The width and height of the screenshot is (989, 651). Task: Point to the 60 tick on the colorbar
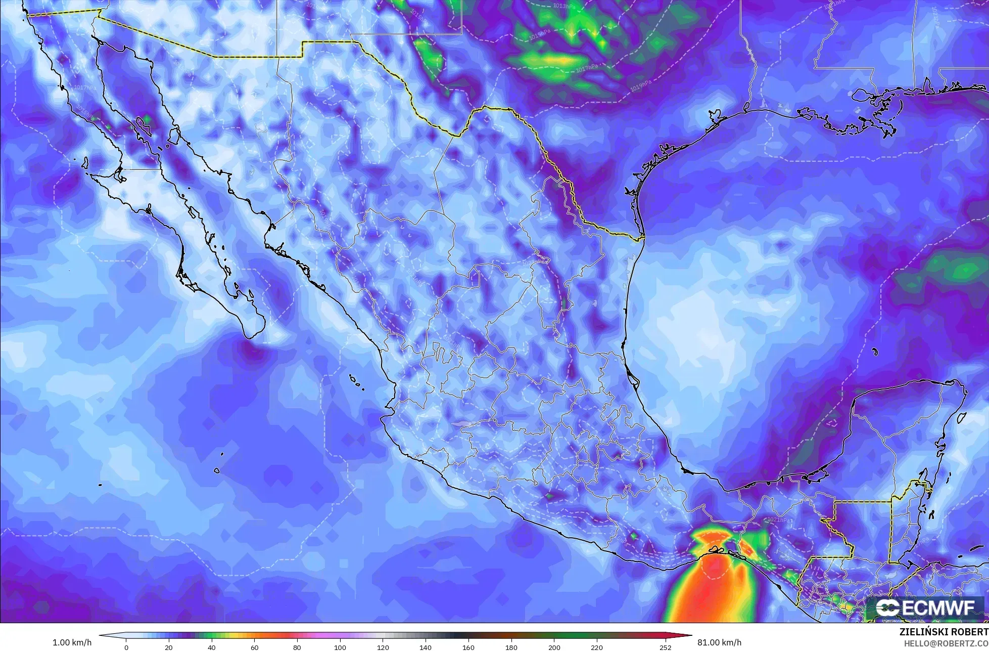255,647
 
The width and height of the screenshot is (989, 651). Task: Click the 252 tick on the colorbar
665,647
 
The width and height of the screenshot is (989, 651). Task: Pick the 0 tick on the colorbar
126,647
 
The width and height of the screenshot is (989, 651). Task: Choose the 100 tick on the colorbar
340,647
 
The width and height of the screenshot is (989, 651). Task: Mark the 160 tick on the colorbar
468,647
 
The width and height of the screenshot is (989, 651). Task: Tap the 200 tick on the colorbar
554,647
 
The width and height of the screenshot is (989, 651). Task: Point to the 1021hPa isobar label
778,519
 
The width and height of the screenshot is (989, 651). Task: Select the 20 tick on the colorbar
169,647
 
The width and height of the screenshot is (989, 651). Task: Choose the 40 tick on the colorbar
212,647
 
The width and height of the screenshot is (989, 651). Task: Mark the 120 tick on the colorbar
383,647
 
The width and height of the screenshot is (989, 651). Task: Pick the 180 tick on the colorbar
511,647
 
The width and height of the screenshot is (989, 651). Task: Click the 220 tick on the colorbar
597,647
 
